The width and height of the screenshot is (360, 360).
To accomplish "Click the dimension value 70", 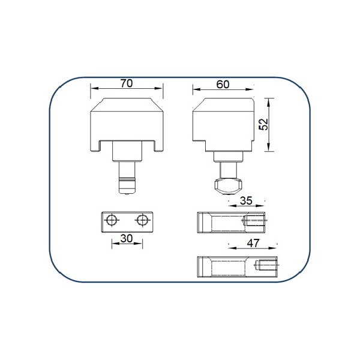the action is tap(127, 83).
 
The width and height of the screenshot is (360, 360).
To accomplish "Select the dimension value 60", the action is tap(223, 85).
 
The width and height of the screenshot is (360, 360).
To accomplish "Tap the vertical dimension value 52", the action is tap(263, 124).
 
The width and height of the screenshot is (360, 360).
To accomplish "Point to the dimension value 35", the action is tap(246, 200).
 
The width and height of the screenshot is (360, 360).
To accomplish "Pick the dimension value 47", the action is tap(253, 243).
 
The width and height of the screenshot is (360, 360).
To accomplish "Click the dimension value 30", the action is tap(127, 239).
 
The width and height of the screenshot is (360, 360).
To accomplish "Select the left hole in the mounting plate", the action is tap(112, 220).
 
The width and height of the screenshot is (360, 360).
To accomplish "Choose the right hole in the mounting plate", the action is tap(142, 220).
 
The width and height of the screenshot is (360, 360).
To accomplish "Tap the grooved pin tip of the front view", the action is tap(127, 185).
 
